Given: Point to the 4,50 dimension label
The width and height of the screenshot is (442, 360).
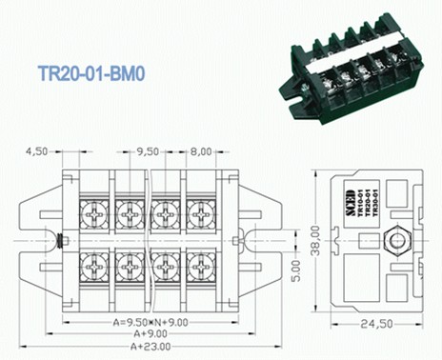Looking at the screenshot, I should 37,150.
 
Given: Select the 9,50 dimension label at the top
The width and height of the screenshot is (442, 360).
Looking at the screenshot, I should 147,150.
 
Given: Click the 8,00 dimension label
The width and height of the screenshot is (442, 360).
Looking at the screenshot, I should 201,150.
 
